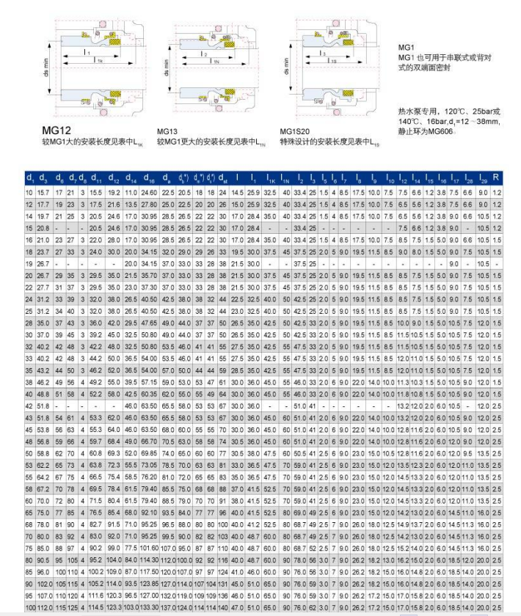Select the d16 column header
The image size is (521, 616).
(150, 178)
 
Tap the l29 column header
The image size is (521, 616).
(482, 178)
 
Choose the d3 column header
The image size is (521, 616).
(43, 178)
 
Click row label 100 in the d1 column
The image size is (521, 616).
(30, 608)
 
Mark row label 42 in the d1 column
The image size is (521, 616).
(30, 406)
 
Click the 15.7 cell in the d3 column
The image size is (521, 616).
(43, 191)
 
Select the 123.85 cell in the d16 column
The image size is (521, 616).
(150, 582)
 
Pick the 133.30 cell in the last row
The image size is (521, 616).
(150, 608)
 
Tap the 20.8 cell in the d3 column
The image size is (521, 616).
(43, 230)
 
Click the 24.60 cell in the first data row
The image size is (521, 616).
(150, 191)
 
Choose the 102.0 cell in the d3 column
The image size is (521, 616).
(43, 582)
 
